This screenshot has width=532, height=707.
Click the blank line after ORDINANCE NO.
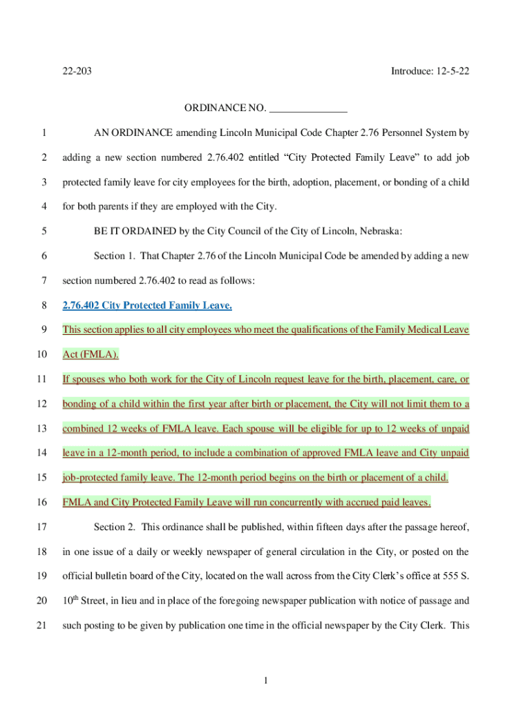point(307,108)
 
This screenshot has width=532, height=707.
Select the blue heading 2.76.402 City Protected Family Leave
point(147,305)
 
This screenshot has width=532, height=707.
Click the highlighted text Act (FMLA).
point(91,354)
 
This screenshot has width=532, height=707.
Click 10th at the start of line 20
point(70,601)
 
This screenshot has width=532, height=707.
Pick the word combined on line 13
point(83,429)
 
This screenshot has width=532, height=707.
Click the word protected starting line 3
point(82,182)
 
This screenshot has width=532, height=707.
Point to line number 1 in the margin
point(44,133)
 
